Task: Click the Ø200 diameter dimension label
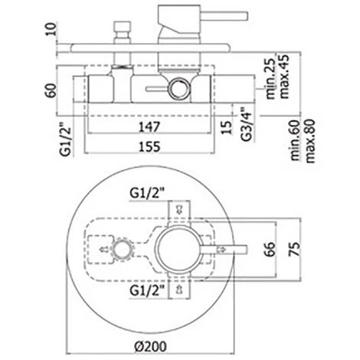pos(151,346)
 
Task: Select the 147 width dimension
pos(149,126)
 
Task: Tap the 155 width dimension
pos(149,147)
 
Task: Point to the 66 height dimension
pos(270,249)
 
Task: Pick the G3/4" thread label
pos(247,123)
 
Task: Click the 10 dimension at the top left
pos(52,29)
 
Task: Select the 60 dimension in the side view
pos(52,90)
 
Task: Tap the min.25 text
pos(271,79)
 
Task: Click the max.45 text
pos(284,76)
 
